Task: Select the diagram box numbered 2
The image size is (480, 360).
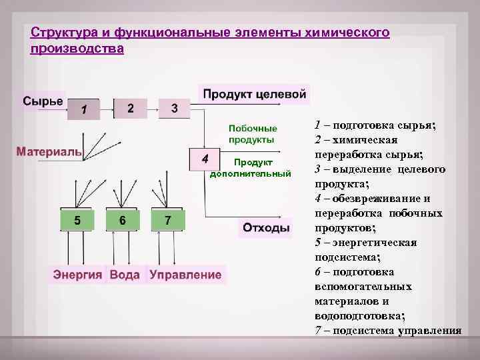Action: pyautogui.click(x=131, y=107)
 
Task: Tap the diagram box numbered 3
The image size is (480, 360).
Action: pyautogui.click(x=174, y=107)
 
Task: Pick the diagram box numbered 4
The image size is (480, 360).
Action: pyautogui.click(x=206, y=159)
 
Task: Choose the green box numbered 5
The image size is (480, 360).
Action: pyautogui.click(x=78, y=220)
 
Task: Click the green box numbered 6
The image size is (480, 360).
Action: pyautogui.click(x=122, y=220)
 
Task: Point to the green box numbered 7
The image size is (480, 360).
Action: pyautogui.click(x=168, y=220)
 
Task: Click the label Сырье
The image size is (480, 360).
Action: pyautogui.click(x=43, y=101)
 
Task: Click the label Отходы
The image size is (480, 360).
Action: pyautogui.click(x=266, y=228)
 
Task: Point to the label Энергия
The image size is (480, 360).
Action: pyautogui.click(x=78, y=274)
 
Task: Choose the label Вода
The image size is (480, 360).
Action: pyautogui.click(x=125, y=274)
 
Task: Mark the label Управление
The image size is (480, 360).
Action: pyautogui.click(x=185, y=274)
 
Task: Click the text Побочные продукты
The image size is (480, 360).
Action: pyautogui.click(x=251, y=133)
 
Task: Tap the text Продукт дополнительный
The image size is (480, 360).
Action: pyautogui.click(x=251, y=168)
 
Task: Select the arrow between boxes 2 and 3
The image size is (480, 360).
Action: pyautogui.click(x=153, y=107)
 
